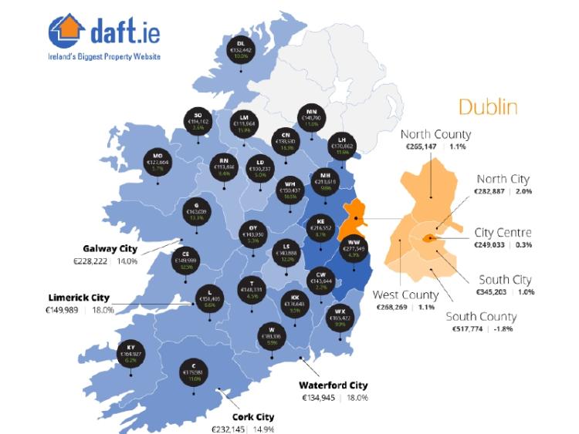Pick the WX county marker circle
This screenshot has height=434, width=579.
pos(340,318)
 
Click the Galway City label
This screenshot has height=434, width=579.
pos(110,248)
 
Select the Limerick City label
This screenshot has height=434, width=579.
pos(77,298)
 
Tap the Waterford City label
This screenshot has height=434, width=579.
pos(334,385)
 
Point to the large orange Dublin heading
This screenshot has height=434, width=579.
pos(487,106)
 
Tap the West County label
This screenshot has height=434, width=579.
pos(405,294)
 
